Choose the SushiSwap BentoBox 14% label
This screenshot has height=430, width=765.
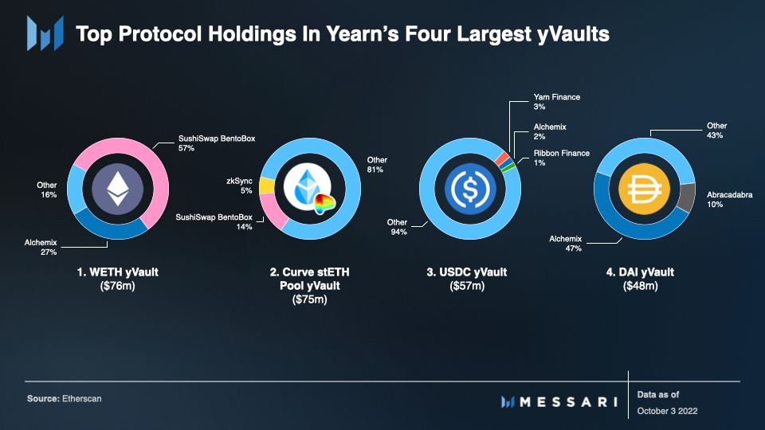point(213,221)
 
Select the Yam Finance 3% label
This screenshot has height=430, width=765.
point(556,101)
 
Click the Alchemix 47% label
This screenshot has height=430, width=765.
point(566,243)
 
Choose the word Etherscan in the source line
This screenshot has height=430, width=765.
point(82,398)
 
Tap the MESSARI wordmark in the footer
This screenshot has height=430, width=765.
point(569,402)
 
